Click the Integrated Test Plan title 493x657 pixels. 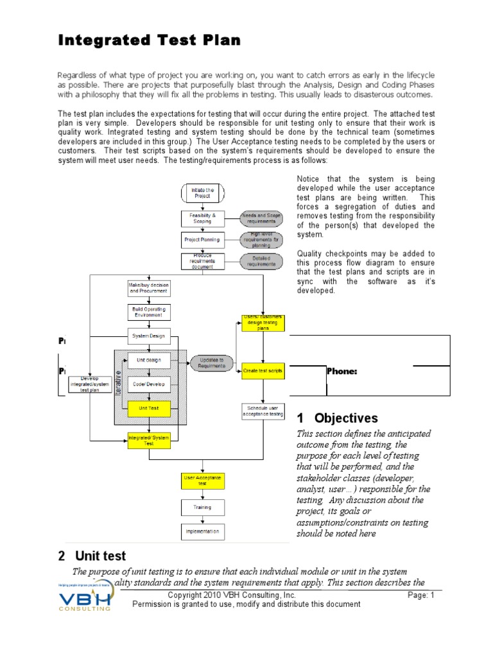[150, 40]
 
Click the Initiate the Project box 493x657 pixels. [202, 192]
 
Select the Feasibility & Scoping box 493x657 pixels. [202, 218]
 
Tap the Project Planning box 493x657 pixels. [202, 240]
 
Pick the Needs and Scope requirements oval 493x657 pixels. [261, 218]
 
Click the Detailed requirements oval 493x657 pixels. [261, 261]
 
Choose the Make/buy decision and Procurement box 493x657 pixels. [148, 287]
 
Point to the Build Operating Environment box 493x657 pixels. [148, 312]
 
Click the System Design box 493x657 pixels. [148, 336]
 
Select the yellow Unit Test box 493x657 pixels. [148, 407]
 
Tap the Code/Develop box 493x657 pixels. [148, 384]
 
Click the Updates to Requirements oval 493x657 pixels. [212, 363]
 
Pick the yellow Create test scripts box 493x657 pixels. [263, 371]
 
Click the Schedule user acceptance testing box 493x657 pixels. [263, 411]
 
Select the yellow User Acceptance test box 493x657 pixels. [202, 481]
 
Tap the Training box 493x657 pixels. [202, 508]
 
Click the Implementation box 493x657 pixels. [202, 531]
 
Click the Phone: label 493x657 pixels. [342, 371]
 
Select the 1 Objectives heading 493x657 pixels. [337, 418]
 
